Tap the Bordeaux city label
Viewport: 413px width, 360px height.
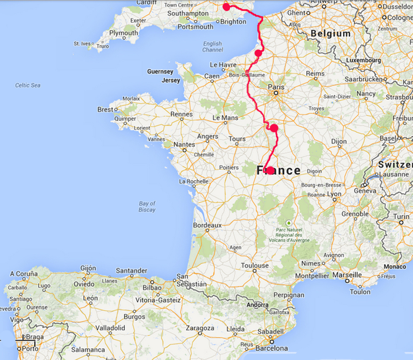coord(207,225)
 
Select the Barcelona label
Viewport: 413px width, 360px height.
coord(272,348)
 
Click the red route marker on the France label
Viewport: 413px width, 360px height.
coord(270,170)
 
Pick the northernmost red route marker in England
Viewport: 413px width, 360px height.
coord(226,7)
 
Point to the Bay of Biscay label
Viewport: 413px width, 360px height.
coord(147,206)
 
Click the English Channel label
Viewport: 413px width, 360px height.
coord(212,47)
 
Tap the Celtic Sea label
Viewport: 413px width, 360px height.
coord(28,85)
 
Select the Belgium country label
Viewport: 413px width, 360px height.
coord(331,34)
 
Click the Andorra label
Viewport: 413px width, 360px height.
coord(258,305)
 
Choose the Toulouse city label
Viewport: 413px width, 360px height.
coord(255,266)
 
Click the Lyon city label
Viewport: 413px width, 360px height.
coord(334,194)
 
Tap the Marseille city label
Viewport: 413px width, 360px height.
coord(348,275)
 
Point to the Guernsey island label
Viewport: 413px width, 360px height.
coord(160,72)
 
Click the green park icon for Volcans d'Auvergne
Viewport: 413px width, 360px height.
coord(289,223)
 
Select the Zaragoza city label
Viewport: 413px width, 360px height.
coord(200,328)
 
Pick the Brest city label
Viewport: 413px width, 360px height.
coord(105,109)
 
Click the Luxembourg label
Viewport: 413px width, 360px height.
coord(363,60)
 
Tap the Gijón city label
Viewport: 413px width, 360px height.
coord(88,268)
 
